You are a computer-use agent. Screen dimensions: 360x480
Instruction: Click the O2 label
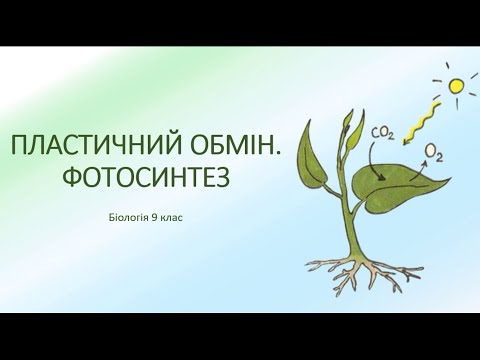(x=434, y=151)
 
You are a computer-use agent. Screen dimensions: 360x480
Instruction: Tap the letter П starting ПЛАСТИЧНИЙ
(x=17, y=146)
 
